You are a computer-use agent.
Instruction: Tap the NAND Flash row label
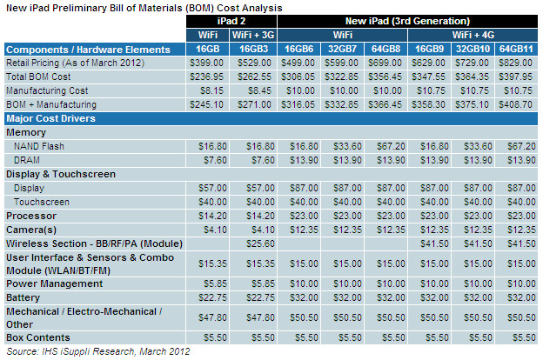coord(42,147)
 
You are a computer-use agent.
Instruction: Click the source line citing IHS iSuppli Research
coord(97,351)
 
